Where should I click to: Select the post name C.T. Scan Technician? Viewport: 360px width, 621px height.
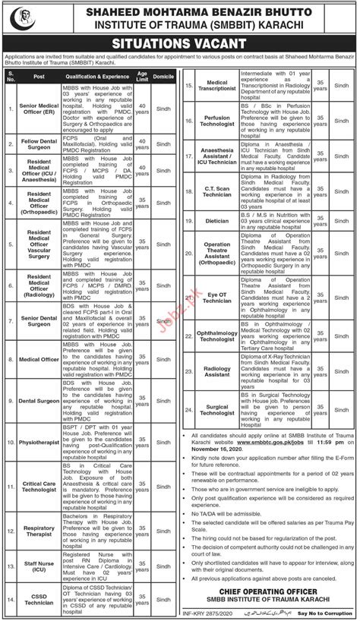[217, 190]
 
